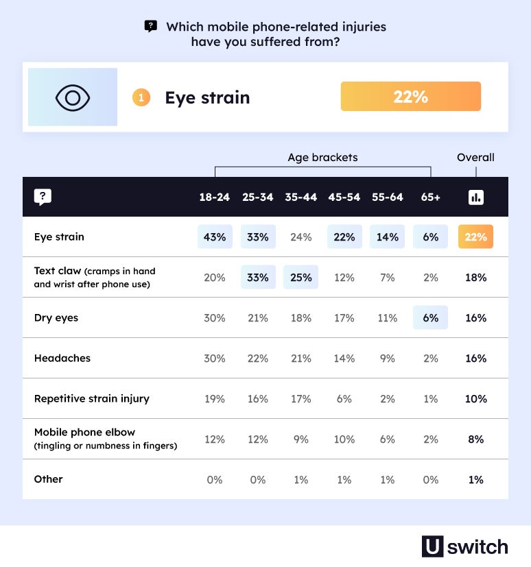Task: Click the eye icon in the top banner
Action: [x=73, y=97]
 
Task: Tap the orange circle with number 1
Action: [x=141, y=97]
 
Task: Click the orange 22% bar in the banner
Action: [x=410, y=97]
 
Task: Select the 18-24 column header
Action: [x=215, y=197]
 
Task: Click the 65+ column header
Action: [x=430, y=197]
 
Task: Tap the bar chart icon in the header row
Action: [x=475, y=197]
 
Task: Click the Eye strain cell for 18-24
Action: [x=215, y=237]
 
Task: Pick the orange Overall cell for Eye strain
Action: [x=475, y=237]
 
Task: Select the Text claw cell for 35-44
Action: [x=300, y=278]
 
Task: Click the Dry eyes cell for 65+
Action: [x=430, y=318]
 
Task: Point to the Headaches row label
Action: [x=62, y=359]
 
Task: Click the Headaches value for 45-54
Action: [x=344, y=359]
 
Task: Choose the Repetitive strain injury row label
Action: [x=92, y=399]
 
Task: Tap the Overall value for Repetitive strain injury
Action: [x=475, y=399]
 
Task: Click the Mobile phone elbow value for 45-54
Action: [x=344, y=439]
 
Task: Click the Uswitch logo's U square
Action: [x=433, y=546]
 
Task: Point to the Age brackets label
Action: [x=322, y=158]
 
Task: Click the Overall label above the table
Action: [x=475, y=158]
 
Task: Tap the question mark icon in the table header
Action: [x=43, y=197]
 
